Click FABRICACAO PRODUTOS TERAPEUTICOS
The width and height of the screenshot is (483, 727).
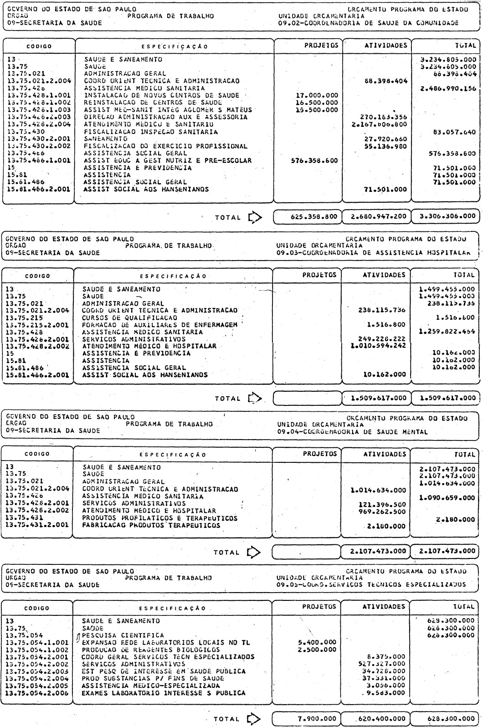(151, 525)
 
